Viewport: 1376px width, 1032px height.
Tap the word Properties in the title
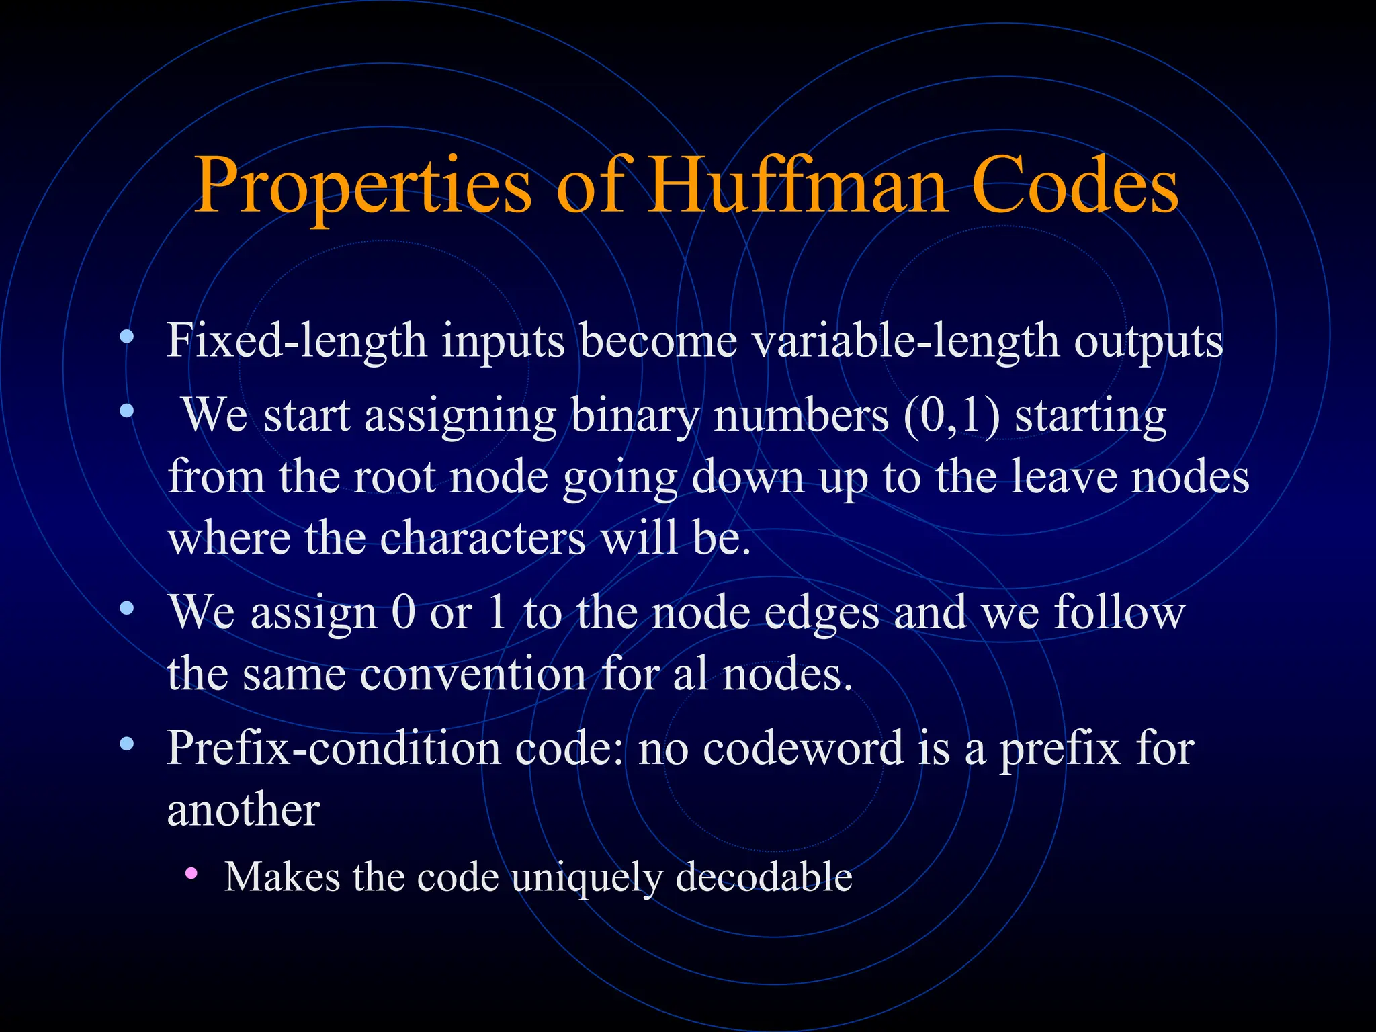tap(363, 187)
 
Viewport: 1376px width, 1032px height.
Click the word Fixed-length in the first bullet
tap(296, 341)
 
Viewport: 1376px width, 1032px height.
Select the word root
tap(394, 477)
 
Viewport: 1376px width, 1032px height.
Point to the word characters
tap(482, 539)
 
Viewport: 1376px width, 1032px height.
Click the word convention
tap(474, 674)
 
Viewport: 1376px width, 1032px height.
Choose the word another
tap(243, 810)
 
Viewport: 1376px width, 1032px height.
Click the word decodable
tap(763, 877)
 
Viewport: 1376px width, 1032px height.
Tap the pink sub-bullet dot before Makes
tap(191, 873)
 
